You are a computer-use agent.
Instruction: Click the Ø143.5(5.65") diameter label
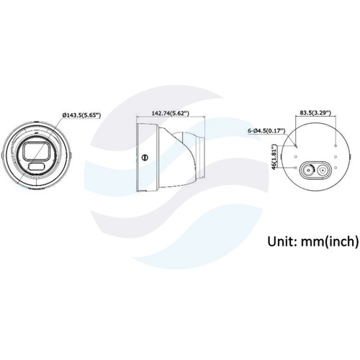81,115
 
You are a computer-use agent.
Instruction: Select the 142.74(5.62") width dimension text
171,113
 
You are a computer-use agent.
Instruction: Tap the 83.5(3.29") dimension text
315,112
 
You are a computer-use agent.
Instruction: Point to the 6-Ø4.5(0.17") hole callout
266,131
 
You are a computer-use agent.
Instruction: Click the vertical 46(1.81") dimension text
273,157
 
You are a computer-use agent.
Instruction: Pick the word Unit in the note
280,241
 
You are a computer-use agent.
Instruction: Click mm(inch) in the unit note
330,241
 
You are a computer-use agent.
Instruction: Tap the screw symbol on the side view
145,158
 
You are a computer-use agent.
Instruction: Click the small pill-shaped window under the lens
36,166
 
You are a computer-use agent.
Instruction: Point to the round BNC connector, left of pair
308,171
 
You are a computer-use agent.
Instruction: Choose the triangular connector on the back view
322,171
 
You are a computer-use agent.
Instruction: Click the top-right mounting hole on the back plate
336,145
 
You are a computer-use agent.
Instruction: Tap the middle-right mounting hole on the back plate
336,157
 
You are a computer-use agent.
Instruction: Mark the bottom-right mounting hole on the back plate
336,168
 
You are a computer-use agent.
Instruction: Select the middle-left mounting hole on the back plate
296,157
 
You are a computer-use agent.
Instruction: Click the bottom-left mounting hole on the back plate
296,168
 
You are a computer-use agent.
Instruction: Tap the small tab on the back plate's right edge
350,156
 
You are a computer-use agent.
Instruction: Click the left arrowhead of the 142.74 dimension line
138,117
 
